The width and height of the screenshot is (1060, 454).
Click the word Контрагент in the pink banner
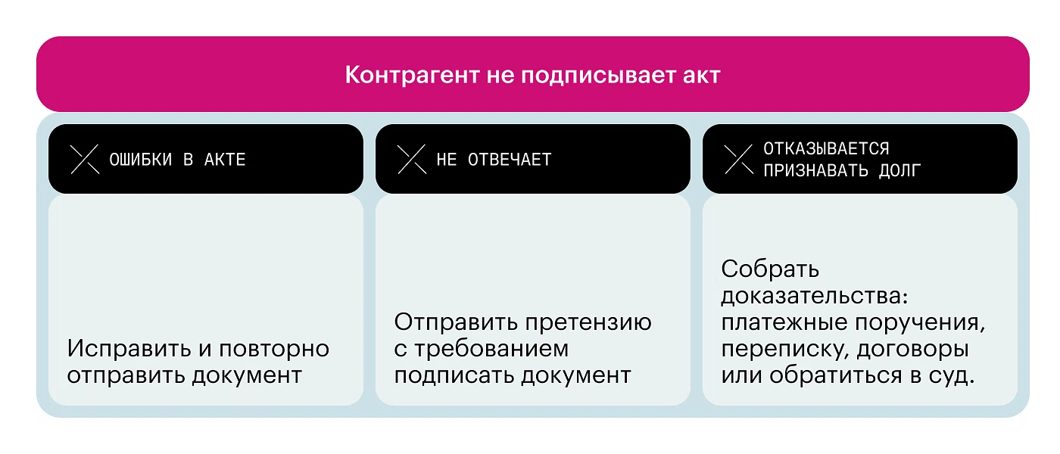pos(412,75)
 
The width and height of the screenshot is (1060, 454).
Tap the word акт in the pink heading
pos(701,76)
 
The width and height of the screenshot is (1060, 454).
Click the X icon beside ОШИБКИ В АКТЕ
pos(85,160)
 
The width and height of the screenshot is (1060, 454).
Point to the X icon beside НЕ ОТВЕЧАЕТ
pos(412,160)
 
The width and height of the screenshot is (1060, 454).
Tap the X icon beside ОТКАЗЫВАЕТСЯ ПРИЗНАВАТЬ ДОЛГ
pos(739,160)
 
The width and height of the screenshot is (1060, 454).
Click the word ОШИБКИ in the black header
pos(141,160)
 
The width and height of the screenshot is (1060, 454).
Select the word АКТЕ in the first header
pos(225,160)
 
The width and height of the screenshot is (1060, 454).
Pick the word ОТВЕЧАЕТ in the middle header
pos(510,160)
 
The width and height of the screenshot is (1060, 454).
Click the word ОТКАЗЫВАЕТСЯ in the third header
pos(826,149)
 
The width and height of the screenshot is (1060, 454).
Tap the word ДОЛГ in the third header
pos(899,171)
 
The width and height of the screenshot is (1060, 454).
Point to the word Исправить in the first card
pos(128,349)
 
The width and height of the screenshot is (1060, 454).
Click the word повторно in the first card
pos(274,350)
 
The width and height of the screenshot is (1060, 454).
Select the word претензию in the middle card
pos(589,323)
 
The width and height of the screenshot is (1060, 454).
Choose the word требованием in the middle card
pos(491,350)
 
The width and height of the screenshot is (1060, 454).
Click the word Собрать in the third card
pos(770,269)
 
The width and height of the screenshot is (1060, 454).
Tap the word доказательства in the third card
pos(815,297)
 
